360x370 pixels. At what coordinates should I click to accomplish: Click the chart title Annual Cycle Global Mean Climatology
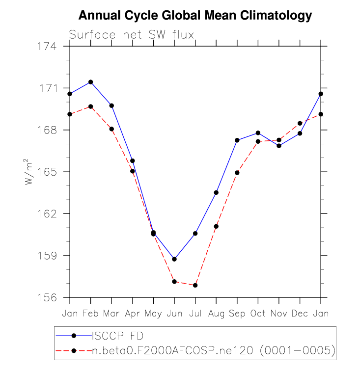coord(195,16)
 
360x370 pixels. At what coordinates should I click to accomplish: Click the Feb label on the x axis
coord(91,313)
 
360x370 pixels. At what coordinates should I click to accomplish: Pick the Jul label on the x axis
coord(195,313)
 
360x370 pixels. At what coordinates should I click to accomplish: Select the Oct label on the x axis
coord(258,313)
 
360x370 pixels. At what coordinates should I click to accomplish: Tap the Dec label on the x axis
coord(300,313)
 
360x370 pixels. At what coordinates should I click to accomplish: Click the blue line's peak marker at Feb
coord(91,82)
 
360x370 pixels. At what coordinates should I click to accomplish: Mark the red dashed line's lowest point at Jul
coord(195,285)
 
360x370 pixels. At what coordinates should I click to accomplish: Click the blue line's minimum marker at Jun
coord(174,259)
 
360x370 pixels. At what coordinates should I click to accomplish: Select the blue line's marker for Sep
coord(237,140)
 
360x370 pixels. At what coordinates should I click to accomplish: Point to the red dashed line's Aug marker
coord(216,226)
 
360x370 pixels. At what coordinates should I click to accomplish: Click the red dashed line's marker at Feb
coord(91,106)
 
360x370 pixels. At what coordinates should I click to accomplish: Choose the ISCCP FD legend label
coord(117,336)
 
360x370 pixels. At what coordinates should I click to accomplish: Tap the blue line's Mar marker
coord(112,106)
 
